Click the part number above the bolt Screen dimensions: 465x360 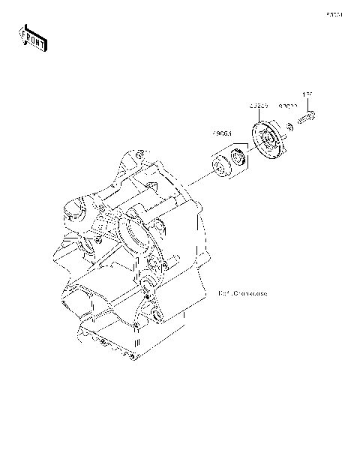pos(307,94)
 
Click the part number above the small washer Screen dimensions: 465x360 pos(289,107)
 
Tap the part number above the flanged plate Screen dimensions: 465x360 pos(259,106)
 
